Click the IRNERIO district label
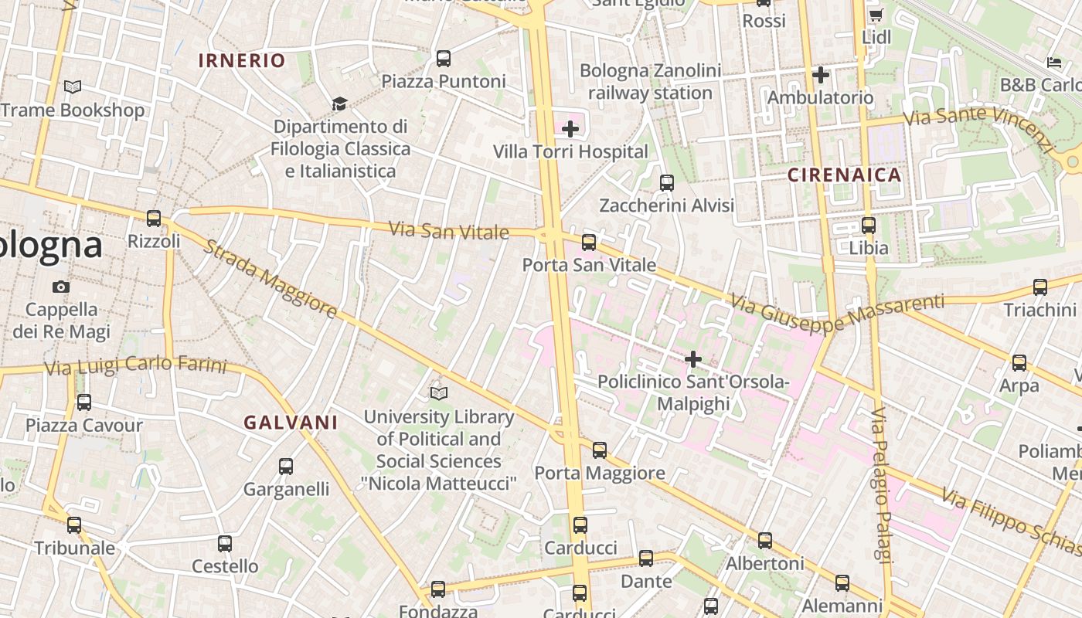[242, 60]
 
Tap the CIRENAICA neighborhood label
[845, 175]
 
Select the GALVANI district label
[291, 423]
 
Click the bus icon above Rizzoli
[154, 219]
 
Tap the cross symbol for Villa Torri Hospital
[570, 128]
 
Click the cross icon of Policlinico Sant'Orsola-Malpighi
[693, 358]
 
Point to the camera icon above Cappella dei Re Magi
[61, 287]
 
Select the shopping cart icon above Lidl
[876, 15]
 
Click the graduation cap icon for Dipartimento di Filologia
[339, 104]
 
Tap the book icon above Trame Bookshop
[73, 87]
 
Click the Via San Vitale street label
[448, 230]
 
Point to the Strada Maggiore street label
[270, 279]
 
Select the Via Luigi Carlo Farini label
[135, 365]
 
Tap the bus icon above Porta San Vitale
[589, 243]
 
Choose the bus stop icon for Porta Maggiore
[600, 450]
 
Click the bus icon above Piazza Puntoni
[444, 59]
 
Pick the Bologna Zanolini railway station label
[650, 82]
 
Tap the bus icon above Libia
[869, 226]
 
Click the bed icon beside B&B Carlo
[1054, 62]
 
